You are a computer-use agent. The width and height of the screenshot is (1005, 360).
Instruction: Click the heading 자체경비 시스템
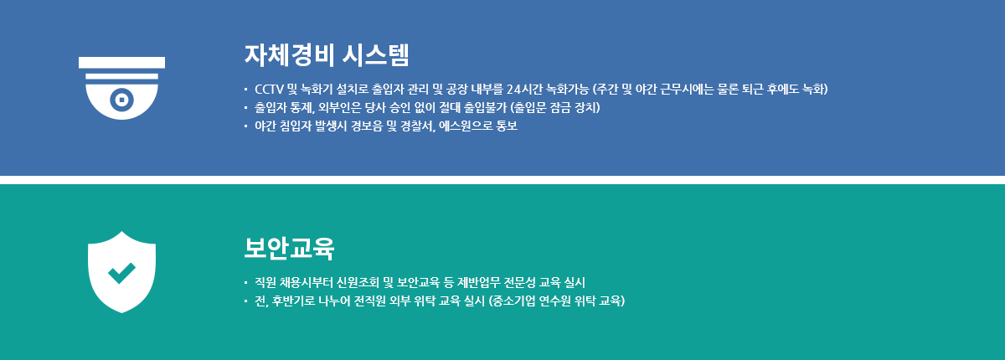pos(326,55)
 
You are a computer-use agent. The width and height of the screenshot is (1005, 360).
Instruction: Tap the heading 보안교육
pos(289,248)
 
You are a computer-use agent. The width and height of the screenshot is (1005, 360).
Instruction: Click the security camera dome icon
pos(121,88)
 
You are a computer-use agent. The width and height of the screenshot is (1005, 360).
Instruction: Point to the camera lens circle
pos(121,99)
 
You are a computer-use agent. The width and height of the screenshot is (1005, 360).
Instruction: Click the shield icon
pos(121,272)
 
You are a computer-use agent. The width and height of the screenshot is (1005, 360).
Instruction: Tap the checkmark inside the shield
pos(121,273)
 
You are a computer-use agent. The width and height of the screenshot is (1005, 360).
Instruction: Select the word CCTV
pos(269,90)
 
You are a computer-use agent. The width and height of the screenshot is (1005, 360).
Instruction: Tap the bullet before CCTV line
pos(245,90)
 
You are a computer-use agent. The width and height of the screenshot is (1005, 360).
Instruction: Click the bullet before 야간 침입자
pos(245,126)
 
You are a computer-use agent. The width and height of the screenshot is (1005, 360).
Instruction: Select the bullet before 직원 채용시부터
pos(245,282)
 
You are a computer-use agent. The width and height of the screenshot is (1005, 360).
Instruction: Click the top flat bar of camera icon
pos(121,62)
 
